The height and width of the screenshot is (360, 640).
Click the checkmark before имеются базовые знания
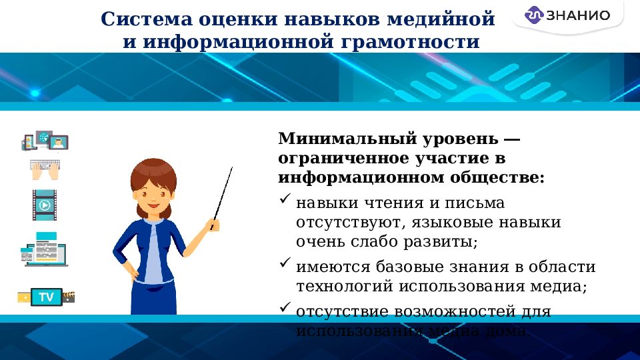pyautogui.click(x=285, y=265)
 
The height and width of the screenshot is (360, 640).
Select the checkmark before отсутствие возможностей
pyautogui.click(x=285, y=308)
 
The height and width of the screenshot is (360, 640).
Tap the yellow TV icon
pyautogui.click(x=46, y=297)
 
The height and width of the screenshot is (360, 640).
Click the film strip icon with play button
pyautogui.click(x=44, y=205)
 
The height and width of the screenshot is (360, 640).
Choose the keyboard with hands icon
pyautogui.click(x=45, y=169)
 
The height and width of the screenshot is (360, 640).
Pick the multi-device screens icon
pyautogui.click(x=45, y=141)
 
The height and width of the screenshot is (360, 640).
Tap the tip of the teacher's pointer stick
pyautogui.click(x=231, y=169)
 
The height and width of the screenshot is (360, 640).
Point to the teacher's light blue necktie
pyautogui.click(x=154, y=253)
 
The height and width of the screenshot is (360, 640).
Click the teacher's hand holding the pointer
pyautogui.click(x=213, y=224)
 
